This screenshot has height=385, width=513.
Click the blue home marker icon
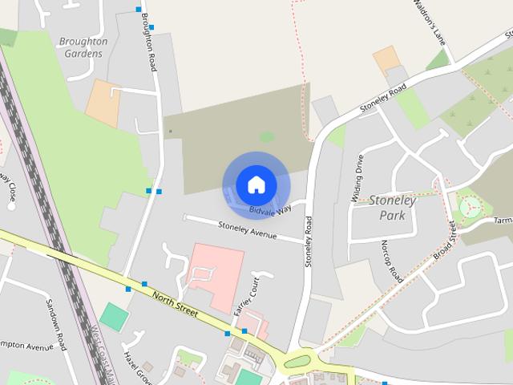[x=256, y=185]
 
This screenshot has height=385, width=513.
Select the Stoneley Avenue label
[x=247, y=231]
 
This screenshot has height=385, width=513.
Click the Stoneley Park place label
[x=392, y=208]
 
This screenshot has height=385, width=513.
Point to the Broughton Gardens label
[x=83, y=47]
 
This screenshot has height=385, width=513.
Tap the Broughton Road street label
[x=147, y=41]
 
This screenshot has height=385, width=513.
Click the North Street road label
[x=175, y=302]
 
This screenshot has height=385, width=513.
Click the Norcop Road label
[x=392, y=260]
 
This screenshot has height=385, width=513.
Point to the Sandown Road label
[x=55, y=325]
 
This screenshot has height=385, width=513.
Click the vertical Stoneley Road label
[x=308, y=241]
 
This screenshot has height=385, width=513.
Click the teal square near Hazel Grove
[x=114, y=317]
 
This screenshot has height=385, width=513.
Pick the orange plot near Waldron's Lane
[x=386, y=58]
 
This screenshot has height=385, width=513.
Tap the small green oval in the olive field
[x=266, y=137]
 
